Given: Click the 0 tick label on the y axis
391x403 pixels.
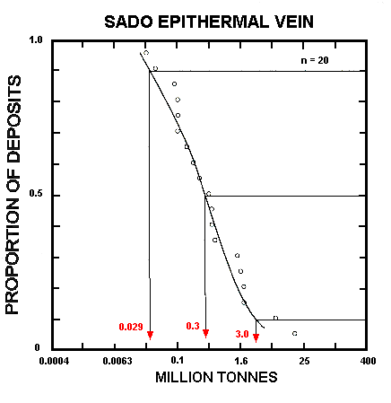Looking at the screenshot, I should [x=39, y=348].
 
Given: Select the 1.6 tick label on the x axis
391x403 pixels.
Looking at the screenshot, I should [x=241, y=362].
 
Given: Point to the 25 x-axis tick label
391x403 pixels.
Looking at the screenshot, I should [x=304, y=362].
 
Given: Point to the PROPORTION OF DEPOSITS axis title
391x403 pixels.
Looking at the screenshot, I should [x=15, y=195].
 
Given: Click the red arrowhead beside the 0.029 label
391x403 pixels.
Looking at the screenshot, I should [x=150, y=335].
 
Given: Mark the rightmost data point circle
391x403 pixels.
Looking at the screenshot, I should [x=294, y=333].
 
